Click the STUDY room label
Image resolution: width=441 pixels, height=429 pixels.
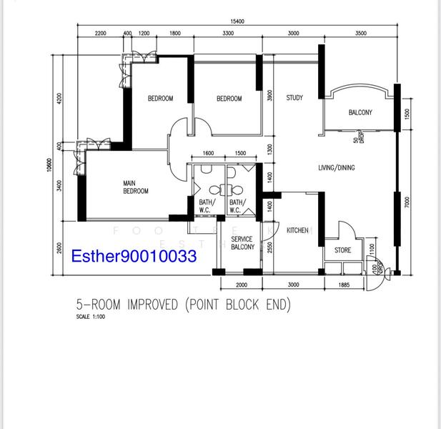294,98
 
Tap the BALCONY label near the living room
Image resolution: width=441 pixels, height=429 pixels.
360,113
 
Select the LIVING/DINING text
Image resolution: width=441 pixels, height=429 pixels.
337,168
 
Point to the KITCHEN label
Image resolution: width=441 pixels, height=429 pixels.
297,230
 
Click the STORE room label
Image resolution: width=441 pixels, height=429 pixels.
343,250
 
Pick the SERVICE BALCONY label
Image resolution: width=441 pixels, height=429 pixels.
242,243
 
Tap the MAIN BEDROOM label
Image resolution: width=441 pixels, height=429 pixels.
136,187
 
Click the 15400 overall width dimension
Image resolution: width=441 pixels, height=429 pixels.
237,21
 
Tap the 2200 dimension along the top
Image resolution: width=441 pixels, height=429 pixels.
100,34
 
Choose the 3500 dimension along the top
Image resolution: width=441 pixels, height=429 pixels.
360,34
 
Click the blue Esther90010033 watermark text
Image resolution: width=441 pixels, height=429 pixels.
134,255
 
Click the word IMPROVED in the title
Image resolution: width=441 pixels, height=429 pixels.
152,305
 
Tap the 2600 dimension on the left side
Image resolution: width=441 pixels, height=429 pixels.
60,247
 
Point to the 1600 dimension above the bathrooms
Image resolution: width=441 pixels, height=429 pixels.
208,153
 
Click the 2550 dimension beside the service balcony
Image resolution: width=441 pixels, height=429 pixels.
269,247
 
